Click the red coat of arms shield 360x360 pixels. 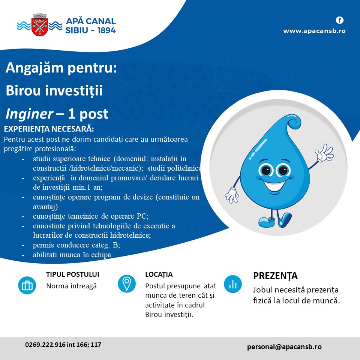(x=40, y=27)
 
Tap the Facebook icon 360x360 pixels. (x=340, y=20)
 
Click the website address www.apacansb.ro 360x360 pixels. (x=314, y=31)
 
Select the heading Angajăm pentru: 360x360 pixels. (x=61, y=68)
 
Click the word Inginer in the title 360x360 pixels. (x=29, y=114)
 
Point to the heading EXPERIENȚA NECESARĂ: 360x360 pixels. (x=49, y=129)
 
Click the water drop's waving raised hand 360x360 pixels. (x=324, y=153)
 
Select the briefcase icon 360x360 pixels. (x=27, y=285)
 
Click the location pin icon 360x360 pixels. (x=127, y=283)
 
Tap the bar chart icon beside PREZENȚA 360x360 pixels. (x=233, y=284)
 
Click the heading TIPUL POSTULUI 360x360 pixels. (x=72, y=274)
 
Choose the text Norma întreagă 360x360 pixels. (x=71, y=286)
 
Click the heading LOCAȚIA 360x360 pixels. (x=159, y=274)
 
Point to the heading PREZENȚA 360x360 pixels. (x=275, y=276)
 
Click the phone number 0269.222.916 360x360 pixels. (x=45, y=345)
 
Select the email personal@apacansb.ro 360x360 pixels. (x=284, y=346)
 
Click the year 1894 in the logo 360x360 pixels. (x=106, y=30)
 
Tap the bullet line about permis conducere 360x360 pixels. (x=76, y=245)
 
